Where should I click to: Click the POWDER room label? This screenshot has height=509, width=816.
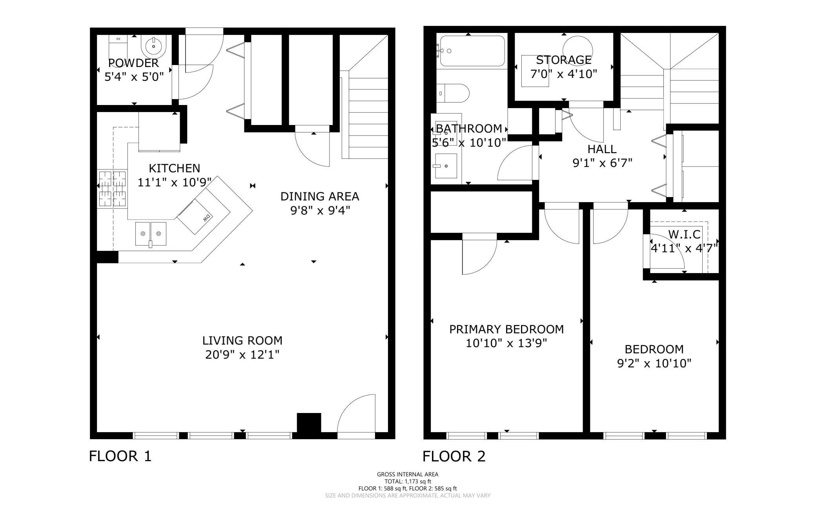coord(133,63)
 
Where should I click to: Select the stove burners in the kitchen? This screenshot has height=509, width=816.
coord(112,189)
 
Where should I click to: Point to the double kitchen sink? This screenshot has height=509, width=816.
coord(151,234)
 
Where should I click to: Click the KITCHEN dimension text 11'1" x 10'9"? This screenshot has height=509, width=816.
coord(175,182)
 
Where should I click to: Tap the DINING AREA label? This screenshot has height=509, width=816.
coord(320,196)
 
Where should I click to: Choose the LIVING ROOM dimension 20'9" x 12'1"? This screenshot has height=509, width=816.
coord(242,355)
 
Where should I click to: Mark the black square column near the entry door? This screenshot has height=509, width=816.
coord(309,423)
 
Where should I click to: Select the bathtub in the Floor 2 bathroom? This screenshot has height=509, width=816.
coord(472,51)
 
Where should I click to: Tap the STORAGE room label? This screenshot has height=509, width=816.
coord(564,60)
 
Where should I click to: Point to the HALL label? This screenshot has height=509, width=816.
coord(602,149)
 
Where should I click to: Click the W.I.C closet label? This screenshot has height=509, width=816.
coord(684,234)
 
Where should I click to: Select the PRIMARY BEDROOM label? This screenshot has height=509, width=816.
coord(506,329)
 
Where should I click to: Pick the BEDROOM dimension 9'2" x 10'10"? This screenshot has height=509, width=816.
coord(654,363)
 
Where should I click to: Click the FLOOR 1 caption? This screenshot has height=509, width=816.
coord(120,456)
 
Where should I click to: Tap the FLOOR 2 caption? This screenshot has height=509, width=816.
coord(454,456)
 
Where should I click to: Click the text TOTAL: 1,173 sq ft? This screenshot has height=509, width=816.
coord(408,481)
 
